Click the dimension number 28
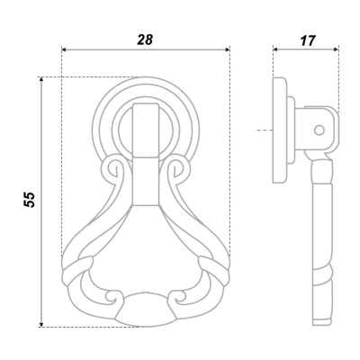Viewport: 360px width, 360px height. click(x=145, y=40)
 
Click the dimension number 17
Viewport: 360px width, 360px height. click(x=308, y=40)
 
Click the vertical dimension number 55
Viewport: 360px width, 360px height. click(x=30, y=200)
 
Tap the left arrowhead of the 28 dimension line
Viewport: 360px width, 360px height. click(x=64, y=49)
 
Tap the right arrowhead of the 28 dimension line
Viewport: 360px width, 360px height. click(x=228, y=49)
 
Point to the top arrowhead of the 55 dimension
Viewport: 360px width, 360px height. click(x=41, y=79)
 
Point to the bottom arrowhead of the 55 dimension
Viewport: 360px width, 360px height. click(x=41, y=324)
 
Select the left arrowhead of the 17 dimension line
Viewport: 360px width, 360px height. click(x=275, y=49)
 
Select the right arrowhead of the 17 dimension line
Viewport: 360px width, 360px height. click(x=337, y=49)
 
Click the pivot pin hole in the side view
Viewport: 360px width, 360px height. click(x=319, y=130)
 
